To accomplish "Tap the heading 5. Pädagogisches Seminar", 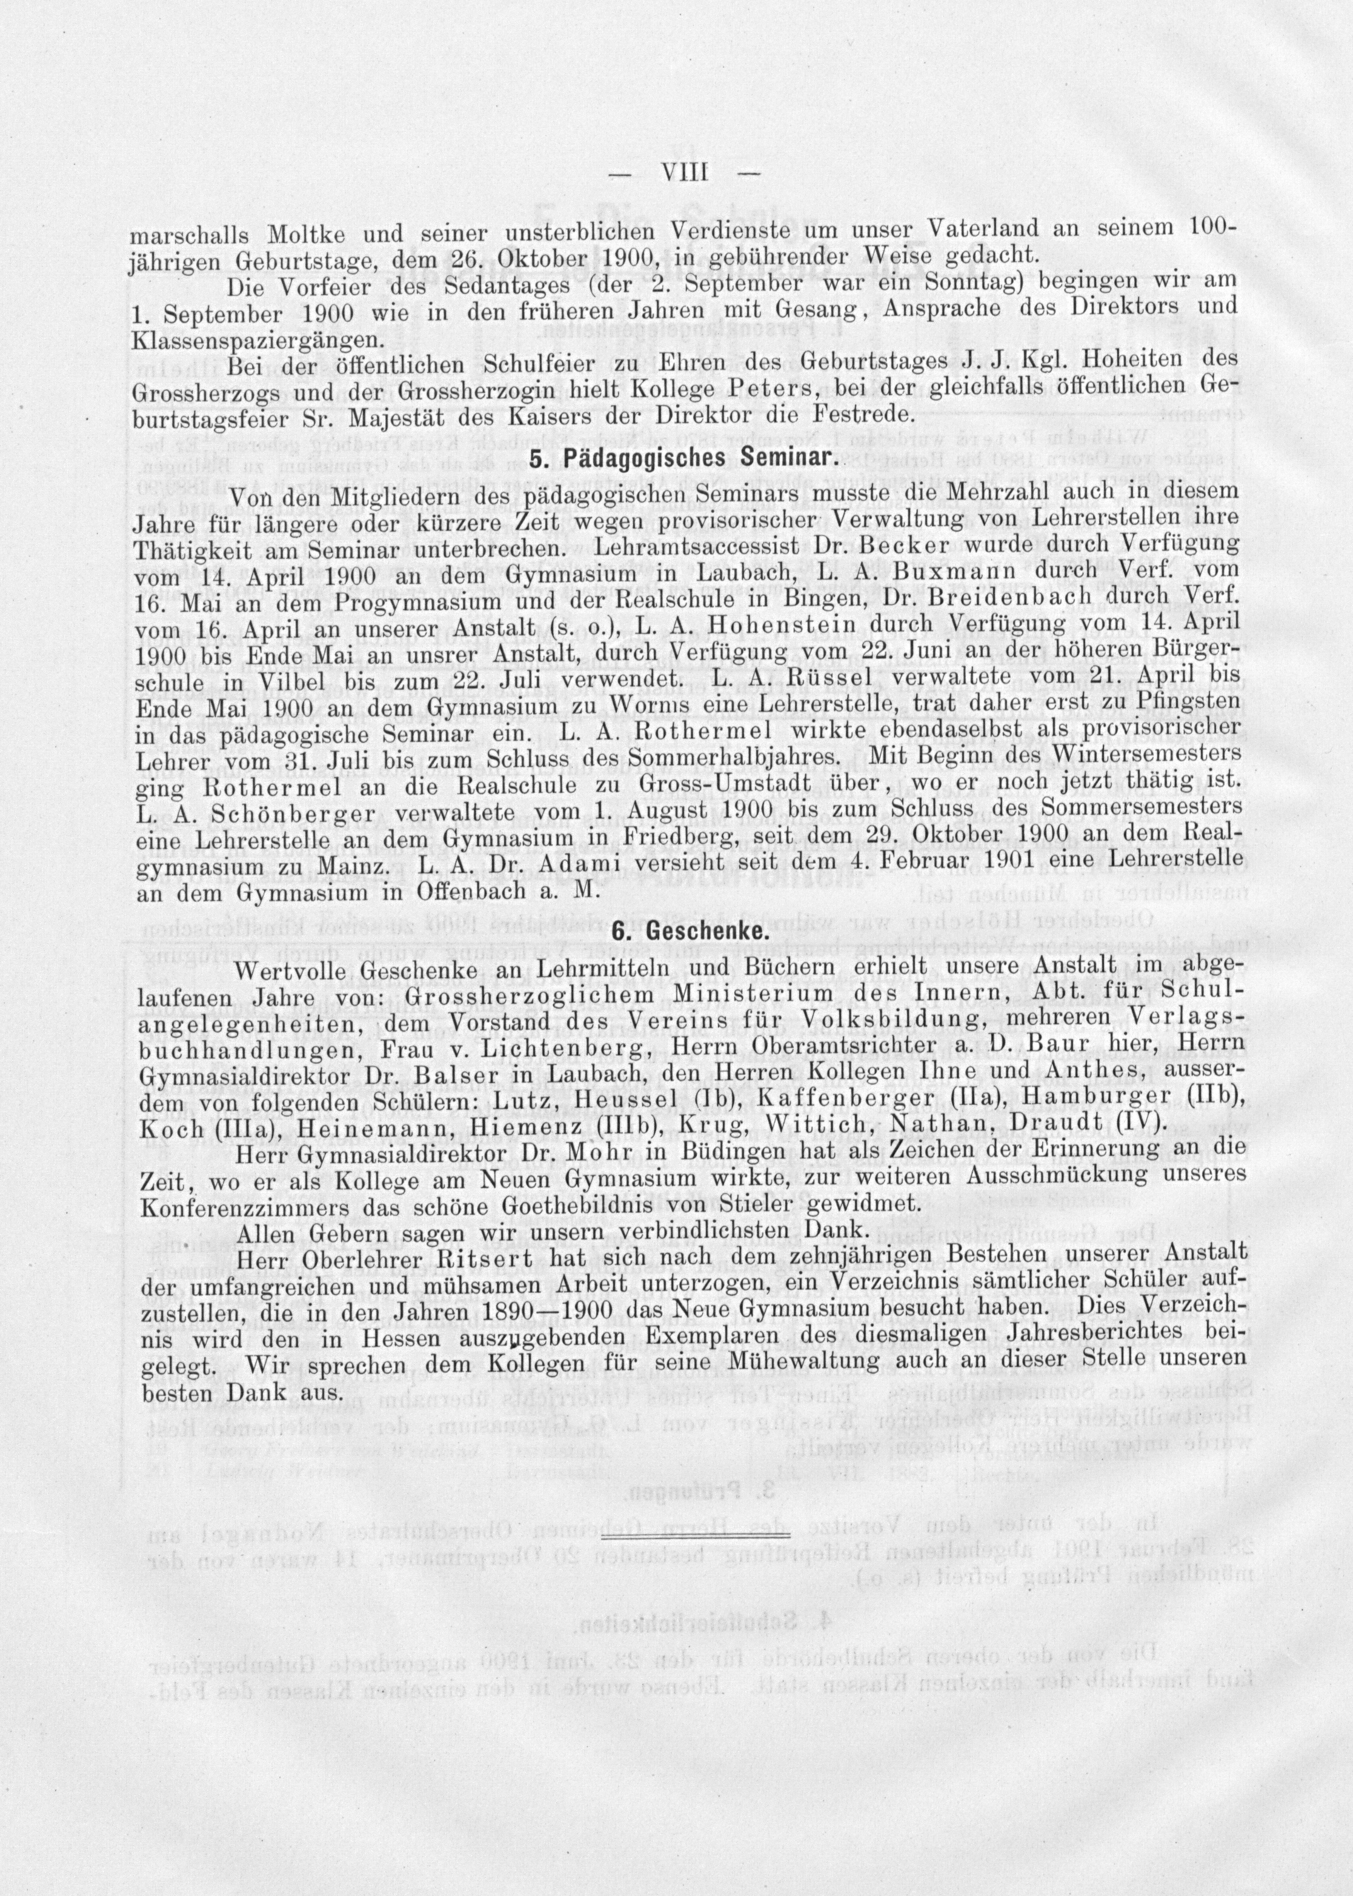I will coord(680,459).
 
